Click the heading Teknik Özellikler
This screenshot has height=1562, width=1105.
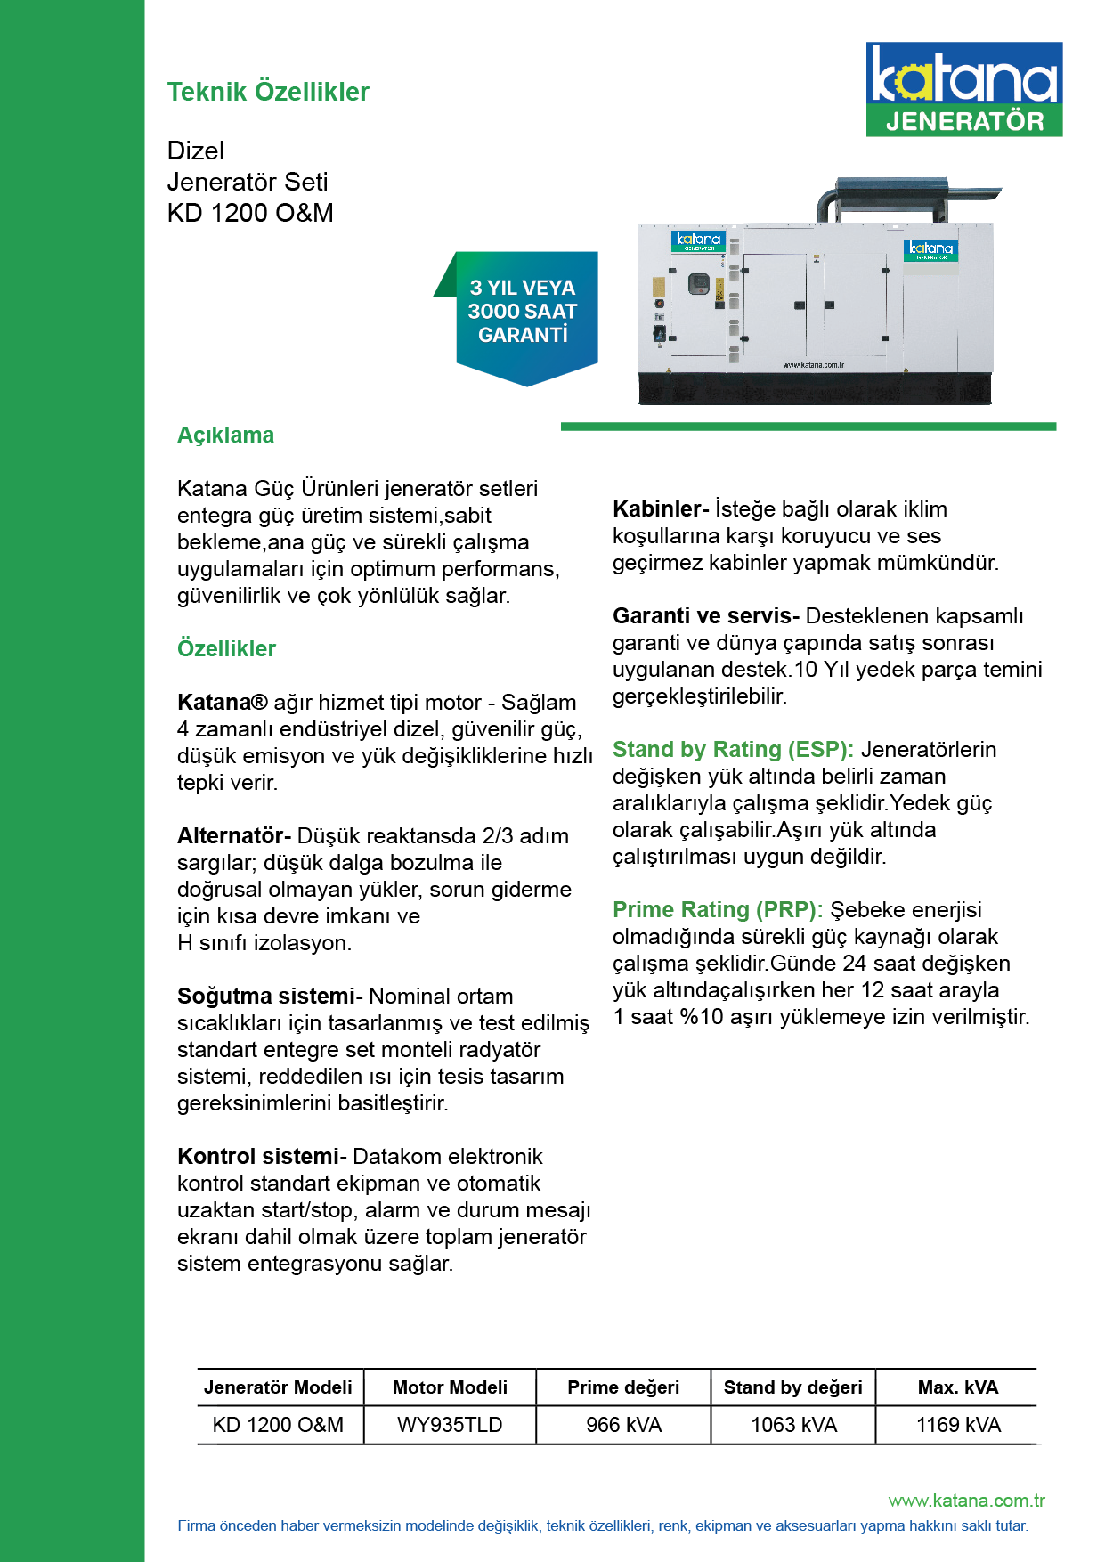(268, 92)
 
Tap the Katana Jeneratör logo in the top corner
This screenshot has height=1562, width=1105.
(963, 89)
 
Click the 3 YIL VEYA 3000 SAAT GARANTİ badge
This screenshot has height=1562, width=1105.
(523, 312)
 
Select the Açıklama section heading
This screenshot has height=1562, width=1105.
(225, 435)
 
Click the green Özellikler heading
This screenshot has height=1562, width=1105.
(226, 648)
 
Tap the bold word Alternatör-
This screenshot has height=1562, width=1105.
(234, 836)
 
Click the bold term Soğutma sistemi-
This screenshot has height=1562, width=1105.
(270, 997)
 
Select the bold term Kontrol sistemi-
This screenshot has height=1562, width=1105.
(262, 1157)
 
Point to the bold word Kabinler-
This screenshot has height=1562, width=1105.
(661, 509)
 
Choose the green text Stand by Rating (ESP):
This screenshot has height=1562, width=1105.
(733, 750)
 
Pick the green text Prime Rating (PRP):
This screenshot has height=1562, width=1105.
(718, 910)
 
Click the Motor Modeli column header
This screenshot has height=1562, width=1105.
(450, 1387)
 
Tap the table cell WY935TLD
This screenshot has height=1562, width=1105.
(450, 1425)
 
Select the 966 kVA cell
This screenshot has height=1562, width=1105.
(623, 1425)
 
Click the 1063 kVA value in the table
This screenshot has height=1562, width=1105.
(793, 1425)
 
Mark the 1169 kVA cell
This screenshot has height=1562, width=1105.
(958, 1425)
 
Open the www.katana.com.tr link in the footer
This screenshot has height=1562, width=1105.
(966, 1501)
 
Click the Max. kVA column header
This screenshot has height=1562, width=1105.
(958, 1387)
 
